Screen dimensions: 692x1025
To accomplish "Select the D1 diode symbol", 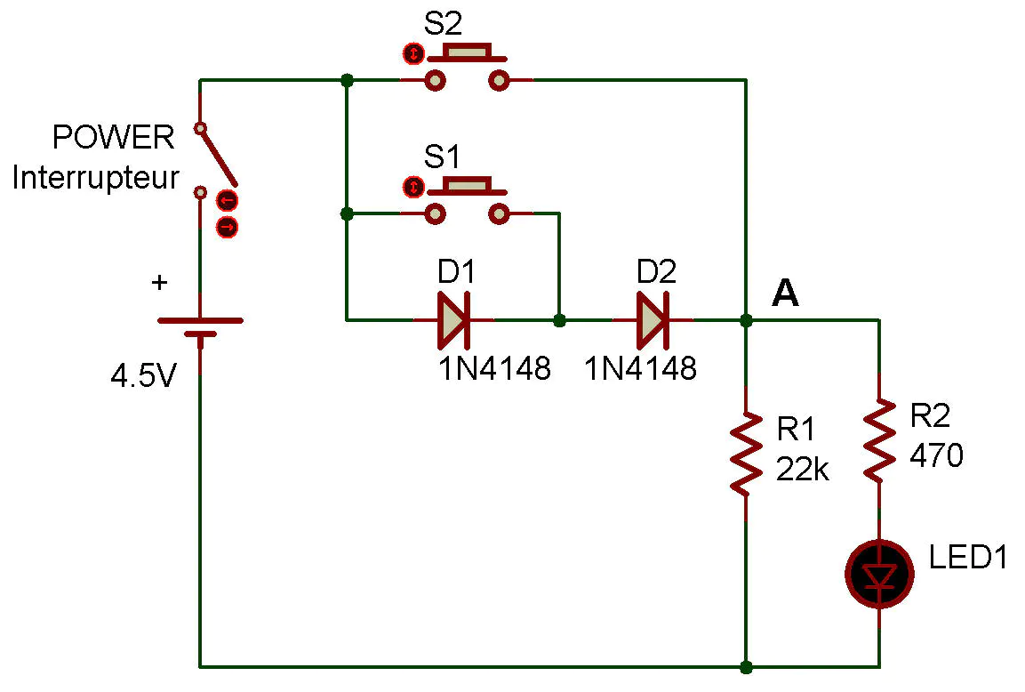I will tap(454, 319).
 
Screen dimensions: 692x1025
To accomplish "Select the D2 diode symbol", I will tap(653, 319).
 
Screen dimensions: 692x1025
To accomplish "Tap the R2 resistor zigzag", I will tap(879, 440).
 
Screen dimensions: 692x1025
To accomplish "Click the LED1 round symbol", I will tap(879, 575).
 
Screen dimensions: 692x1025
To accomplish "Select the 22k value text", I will tap(802, 469).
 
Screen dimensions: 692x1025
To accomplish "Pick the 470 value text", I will tap(936, 456).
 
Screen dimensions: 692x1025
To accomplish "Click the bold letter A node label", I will tap(785, 293).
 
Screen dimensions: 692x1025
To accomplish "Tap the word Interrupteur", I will tap(95, 178).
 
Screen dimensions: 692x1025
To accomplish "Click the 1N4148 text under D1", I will tap(493, 368).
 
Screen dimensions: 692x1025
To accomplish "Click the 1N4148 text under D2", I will tap(641, 368).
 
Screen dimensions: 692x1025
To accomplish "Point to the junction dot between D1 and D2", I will tap(559, 319).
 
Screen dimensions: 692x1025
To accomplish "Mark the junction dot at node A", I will tap(746, 319).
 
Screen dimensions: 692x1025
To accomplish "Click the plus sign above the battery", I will tap(159, 283).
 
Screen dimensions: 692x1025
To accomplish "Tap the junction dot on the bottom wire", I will tap(746, 666).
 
